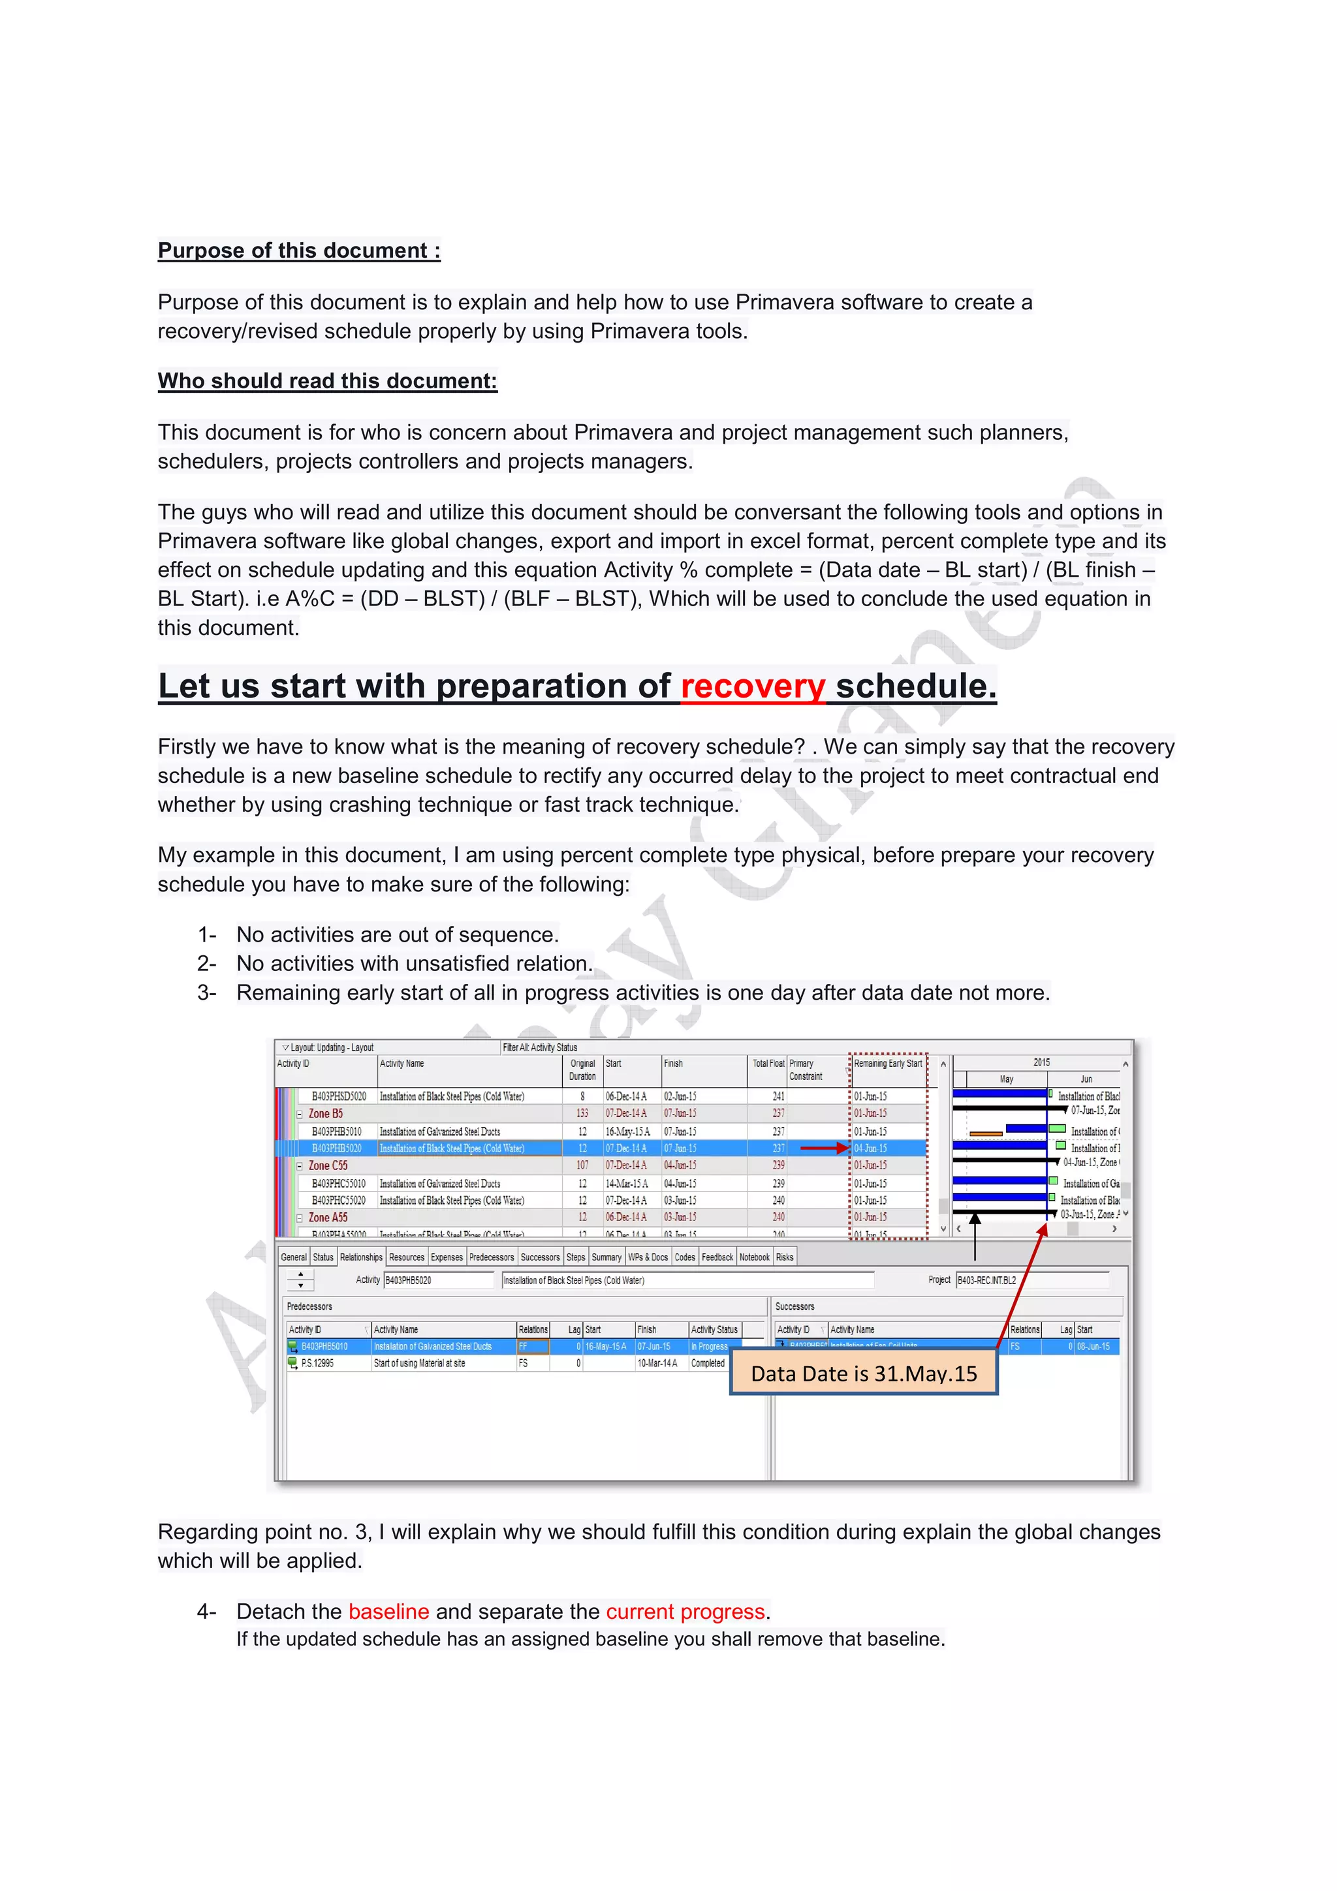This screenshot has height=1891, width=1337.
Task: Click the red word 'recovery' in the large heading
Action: pyautogui.click(x=752, y=686)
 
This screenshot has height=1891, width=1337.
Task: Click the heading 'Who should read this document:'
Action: pyautogui.click(x=327, y=380)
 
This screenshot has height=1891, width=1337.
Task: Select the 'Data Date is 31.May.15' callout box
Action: pyautogui.click(x=863, y=1373)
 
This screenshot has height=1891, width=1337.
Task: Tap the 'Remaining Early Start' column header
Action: pyautogui.click(x=887, y=1063)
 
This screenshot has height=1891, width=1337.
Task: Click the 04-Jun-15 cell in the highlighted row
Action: pyautogui.click(x=870, y=1148)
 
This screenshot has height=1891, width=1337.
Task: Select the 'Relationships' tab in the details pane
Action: pyautogui.click(x=361, y=1257)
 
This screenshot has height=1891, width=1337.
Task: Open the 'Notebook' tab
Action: pyautogui.click(x=754, y=1257)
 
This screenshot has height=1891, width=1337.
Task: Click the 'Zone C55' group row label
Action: pyautogui.click(x=328, y=1165)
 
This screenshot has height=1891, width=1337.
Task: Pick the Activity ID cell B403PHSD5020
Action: pyautogui.click(x=339, y=1096)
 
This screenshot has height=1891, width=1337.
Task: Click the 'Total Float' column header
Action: pyautogui.click(x=768, y=1063)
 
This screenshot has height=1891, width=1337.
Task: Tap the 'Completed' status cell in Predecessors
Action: pyautogui.click(x=708, y=1363)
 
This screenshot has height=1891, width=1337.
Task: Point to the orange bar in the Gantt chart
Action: pyautogui.click(x=985, y=1133)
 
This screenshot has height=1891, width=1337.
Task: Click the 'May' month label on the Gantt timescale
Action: pyautogui.click(x=1006, y=1079)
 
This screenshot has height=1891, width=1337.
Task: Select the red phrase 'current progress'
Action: pyautogui.click(x=685, y=1611)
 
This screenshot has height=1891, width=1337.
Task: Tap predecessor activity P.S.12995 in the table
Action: pyautogui.click(x=317, y=1363)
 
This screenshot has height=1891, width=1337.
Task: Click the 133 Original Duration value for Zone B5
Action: pyautogui.click(x=582, y=1113)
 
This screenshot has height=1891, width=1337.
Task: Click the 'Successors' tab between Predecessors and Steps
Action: pyautogui.click(x=540, y=1257)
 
